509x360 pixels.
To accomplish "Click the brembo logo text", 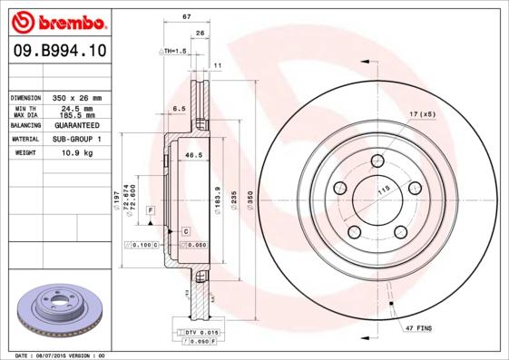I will coord(55,19).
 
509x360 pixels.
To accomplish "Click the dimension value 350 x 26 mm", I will coord(73,97).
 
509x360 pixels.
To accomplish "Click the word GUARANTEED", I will coord(73,126).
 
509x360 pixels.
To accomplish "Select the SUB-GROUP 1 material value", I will coord(73,140).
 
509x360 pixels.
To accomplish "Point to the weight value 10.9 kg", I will coord(73,153).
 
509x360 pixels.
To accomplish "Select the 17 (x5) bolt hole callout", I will coord(422,114).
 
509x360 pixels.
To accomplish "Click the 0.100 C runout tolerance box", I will coord(142,245).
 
